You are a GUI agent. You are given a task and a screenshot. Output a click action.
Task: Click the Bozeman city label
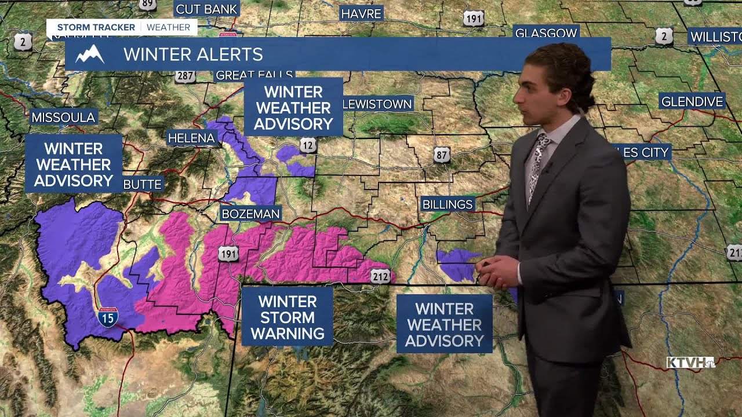(x=250, y=214)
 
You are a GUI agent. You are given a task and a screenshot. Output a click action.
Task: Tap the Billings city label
(x=448, y=204)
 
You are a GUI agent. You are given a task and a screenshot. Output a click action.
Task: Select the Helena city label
(x=191, y=138)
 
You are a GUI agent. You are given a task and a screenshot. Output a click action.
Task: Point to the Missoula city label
(x=63, y=117)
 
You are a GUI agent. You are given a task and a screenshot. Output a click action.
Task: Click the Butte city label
(x=143, y=184)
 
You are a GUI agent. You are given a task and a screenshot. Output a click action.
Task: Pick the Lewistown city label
(x=377, y=104)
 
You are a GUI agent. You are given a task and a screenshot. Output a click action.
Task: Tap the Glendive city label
(x=692, y=101)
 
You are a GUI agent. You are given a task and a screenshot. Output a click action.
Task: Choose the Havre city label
(x=361, y=13)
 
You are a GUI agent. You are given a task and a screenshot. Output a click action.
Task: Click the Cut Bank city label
(x=206, y=9)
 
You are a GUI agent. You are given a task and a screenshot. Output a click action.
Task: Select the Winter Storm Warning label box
(x=287, y=317)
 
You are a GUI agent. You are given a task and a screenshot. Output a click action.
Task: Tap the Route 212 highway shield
(x=380, y=277)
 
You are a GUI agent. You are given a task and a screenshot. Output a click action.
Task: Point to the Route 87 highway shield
(x=442, y=154)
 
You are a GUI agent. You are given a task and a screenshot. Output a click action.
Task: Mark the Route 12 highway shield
(x=308, y=145)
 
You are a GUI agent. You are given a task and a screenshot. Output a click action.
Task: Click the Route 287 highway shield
(x=185, y=76)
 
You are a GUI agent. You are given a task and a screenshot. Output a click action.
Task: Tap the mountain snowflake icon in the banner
(x=90, y=54)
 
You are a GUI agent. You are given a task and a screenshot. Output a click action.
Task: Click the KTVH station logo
(x=690, y=363)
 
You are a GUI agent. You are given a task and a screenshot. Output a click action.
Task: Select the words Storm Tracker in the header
(x=96, y=27)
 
